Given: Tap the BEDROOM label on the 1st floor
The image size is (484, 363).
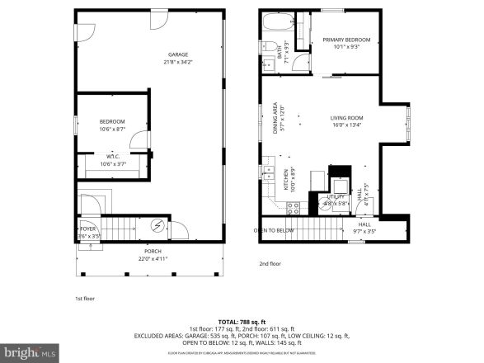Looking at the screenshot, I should (x=112, y=121).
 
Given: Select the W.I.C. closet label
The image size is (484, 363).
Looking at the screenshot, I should (x=112, y=157).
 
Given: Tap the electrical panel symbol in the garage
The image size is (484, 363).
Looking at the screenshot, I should (x=159, y=226).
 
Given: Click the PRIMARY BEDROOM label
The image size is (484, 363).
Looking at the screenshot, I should (x=346, y=40).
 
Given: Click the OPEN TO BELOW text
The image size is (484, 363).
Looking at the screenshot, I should (x=275, y=231).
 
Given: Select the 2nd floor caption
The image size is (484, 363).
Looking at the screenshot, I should (x=270, y=264).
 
